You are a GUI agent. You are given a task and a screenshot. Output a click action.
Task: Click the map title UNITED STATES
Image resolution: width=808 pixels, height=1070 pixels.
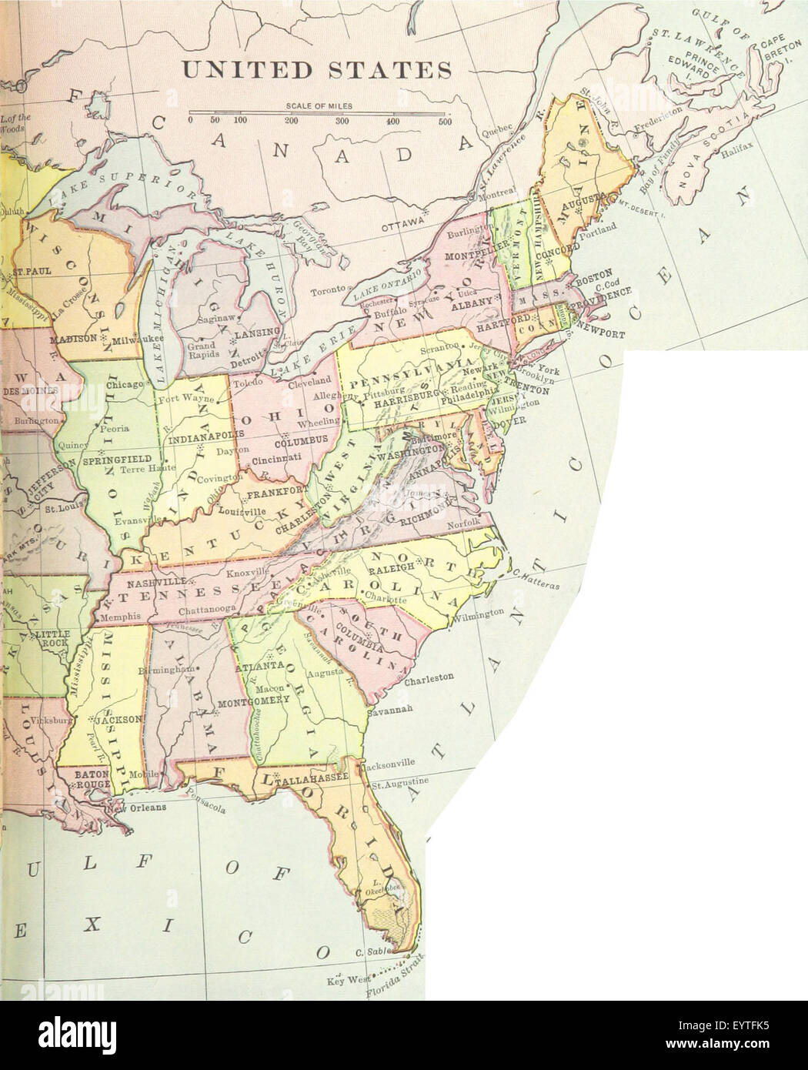pyautogui.click(x=316, y=70)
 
